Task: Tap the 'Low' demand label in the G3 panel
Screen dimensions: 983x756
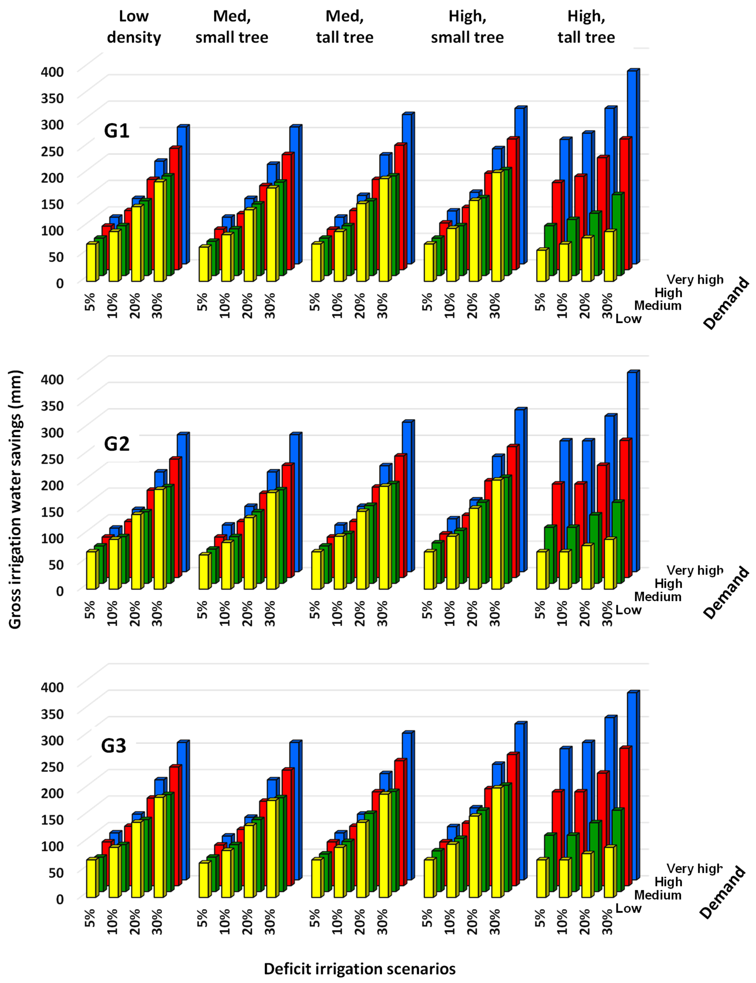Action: pyautogui.click(x=628, y=908)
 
